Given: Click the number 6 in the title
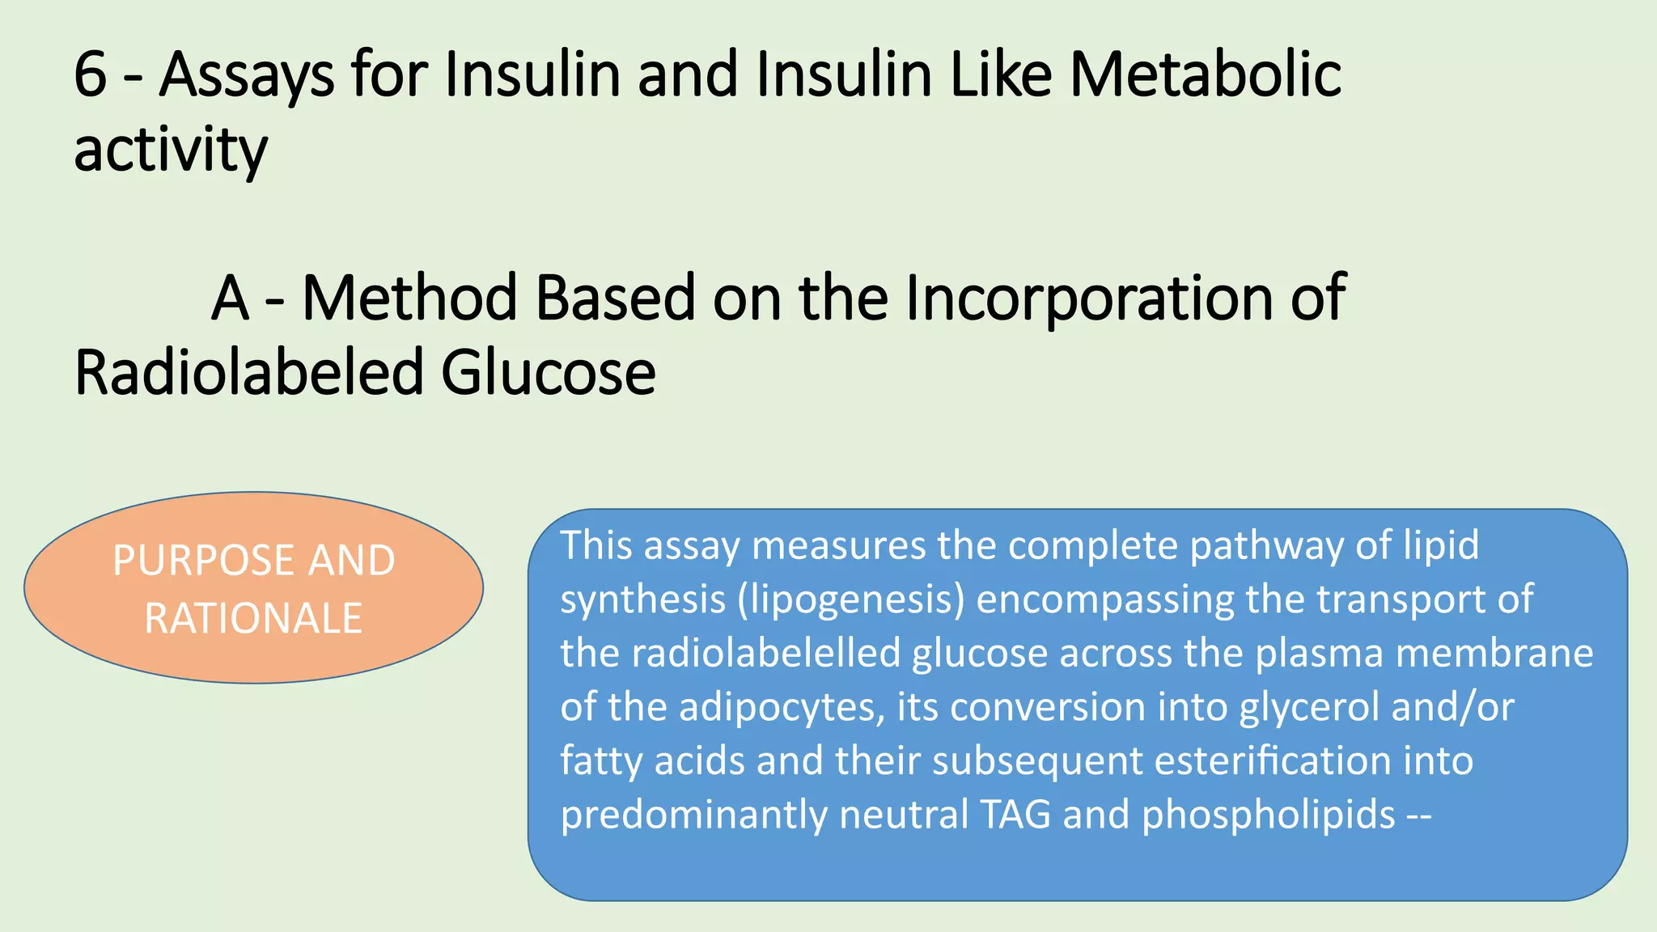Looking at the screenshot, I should (x=90, y=75).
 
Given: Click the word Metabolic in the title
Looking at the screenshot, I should (x=1206, y=75).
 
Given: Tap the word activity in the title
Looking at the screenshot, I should (x=170, y=151).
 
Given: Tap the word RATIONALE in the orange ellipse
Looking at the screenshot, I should (x=253, y=619).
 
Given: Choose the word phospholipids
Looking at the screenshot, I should (x=1269, y=815).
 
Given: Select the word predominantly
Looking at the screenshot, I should (x=693, y=815).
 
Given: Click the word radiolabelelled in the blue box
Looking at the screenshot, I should (x=766, y=653).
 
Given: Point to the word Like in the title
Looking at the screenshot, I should (x=1001, y=75).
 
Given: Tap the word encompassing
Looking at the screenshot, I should (x=1105, y=600).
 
